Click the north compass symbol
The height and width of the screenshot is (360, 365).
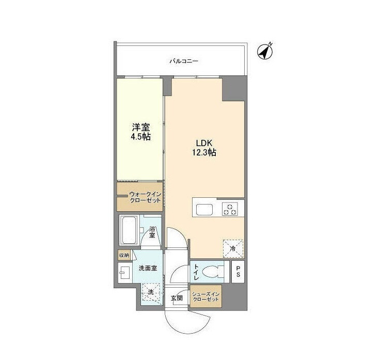[265, 52]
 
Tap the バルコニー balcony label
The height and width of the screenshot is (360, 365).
[184, 61]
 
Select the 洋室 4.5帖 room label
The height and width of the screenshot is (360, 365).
[141, 132]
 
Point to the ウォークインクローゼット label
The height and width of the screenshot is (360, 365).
[145, 197]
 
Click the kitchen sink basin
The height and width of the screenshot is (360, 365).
[204, 210]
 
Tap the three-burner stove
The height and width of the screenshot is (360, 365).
[230, 209]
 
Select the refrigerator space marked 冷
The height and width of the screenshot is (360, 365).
[233, 248]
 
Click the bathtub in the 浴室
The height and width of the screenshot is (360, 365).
[128, 230]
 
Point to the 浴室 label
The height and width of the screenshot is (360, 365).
[152, 231]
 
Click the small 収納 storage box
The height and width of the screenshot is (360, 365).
[124, 255]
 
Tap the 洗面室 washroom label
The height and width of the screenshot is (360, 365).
[148, 268]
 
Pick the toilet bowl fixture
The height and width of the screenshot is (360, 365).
[213, 272]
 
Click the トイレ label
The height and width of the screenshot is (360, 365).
[196, 272]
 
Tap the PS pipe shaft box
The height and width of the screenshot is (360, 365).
[238, 272]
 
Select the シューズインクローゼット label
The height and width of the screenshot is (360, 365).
[206, 296]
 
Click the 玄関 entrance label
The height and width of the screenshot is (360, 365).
[177, 298]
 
